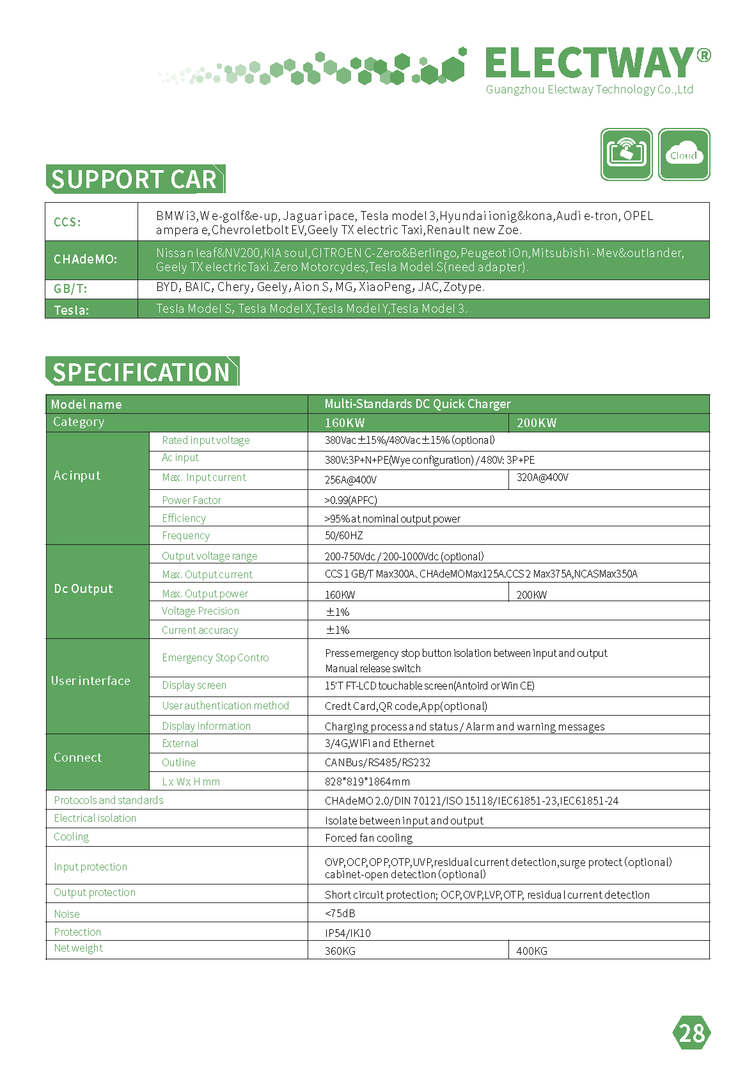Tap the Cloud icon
(x=684, y=154)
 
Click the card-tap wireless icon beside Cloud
(x=626, y=154)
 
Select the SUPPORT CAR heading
(x=134, y=179)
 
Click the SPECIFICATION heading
(x=141, y=372)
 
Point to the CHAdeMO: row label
(x=85, y=260)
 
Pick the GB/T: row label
(x=70, y=288)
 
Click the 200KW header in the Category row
(x=537, y=423)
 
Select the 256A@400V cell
(x=350, y=480)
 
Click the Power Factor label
(x=191, y=500)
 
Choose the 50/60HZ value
(x=343, y=535)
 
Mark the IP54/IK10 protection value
(x=347, y=932)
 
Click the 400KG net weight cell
(x=531, y=951)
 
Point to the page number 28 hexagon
(x=691, y=1033)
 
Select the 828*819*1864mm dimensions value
(x=367, y=782)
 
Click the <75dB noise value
(x=340, y=913)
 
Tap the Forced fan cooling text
(x=368, y=838)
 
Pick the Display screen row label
(x=194, y=685)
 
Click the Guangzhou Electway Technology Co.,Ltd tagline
(x=589, y=90)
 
